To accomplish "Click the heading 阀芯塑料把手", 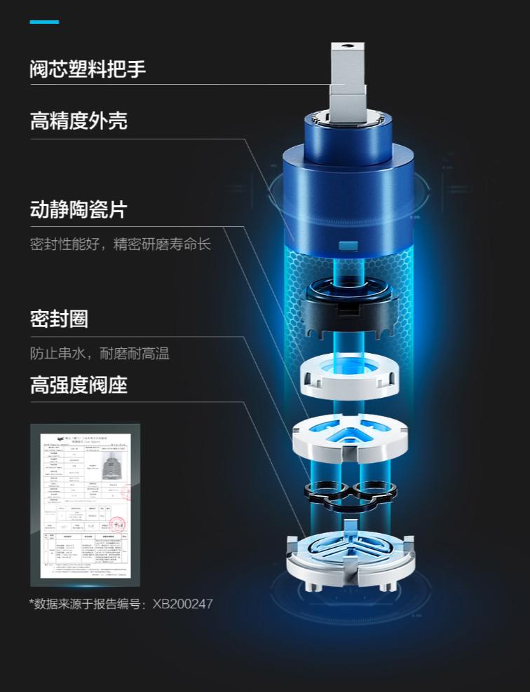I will [x=88, y=69].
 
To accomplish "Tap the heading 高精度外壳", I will [x=79, y=121].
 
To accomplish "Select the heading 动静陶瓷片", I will [x=79, y=209].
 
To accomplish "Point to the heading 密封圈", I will [x=59, y=319].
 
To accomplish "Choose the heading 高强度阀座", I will [x=79, y=385].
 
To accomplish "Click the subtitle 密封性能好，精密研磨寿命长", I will [x=120, y=244].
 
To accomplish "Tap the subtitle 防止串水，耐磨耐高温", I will [x=100, y=354].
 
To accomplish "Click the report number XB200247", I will [x=182, y=603].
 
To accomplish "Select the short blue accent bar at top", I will [x=44, y=22].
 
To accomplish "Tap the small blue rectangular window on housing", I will [x=348, y=247].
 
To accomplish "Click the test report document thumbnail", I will [x=85, y=504].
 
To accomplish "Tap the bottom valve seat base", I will [x=348, y=553].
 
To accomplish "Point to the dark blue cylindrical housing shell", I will [x=348, y=182].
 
